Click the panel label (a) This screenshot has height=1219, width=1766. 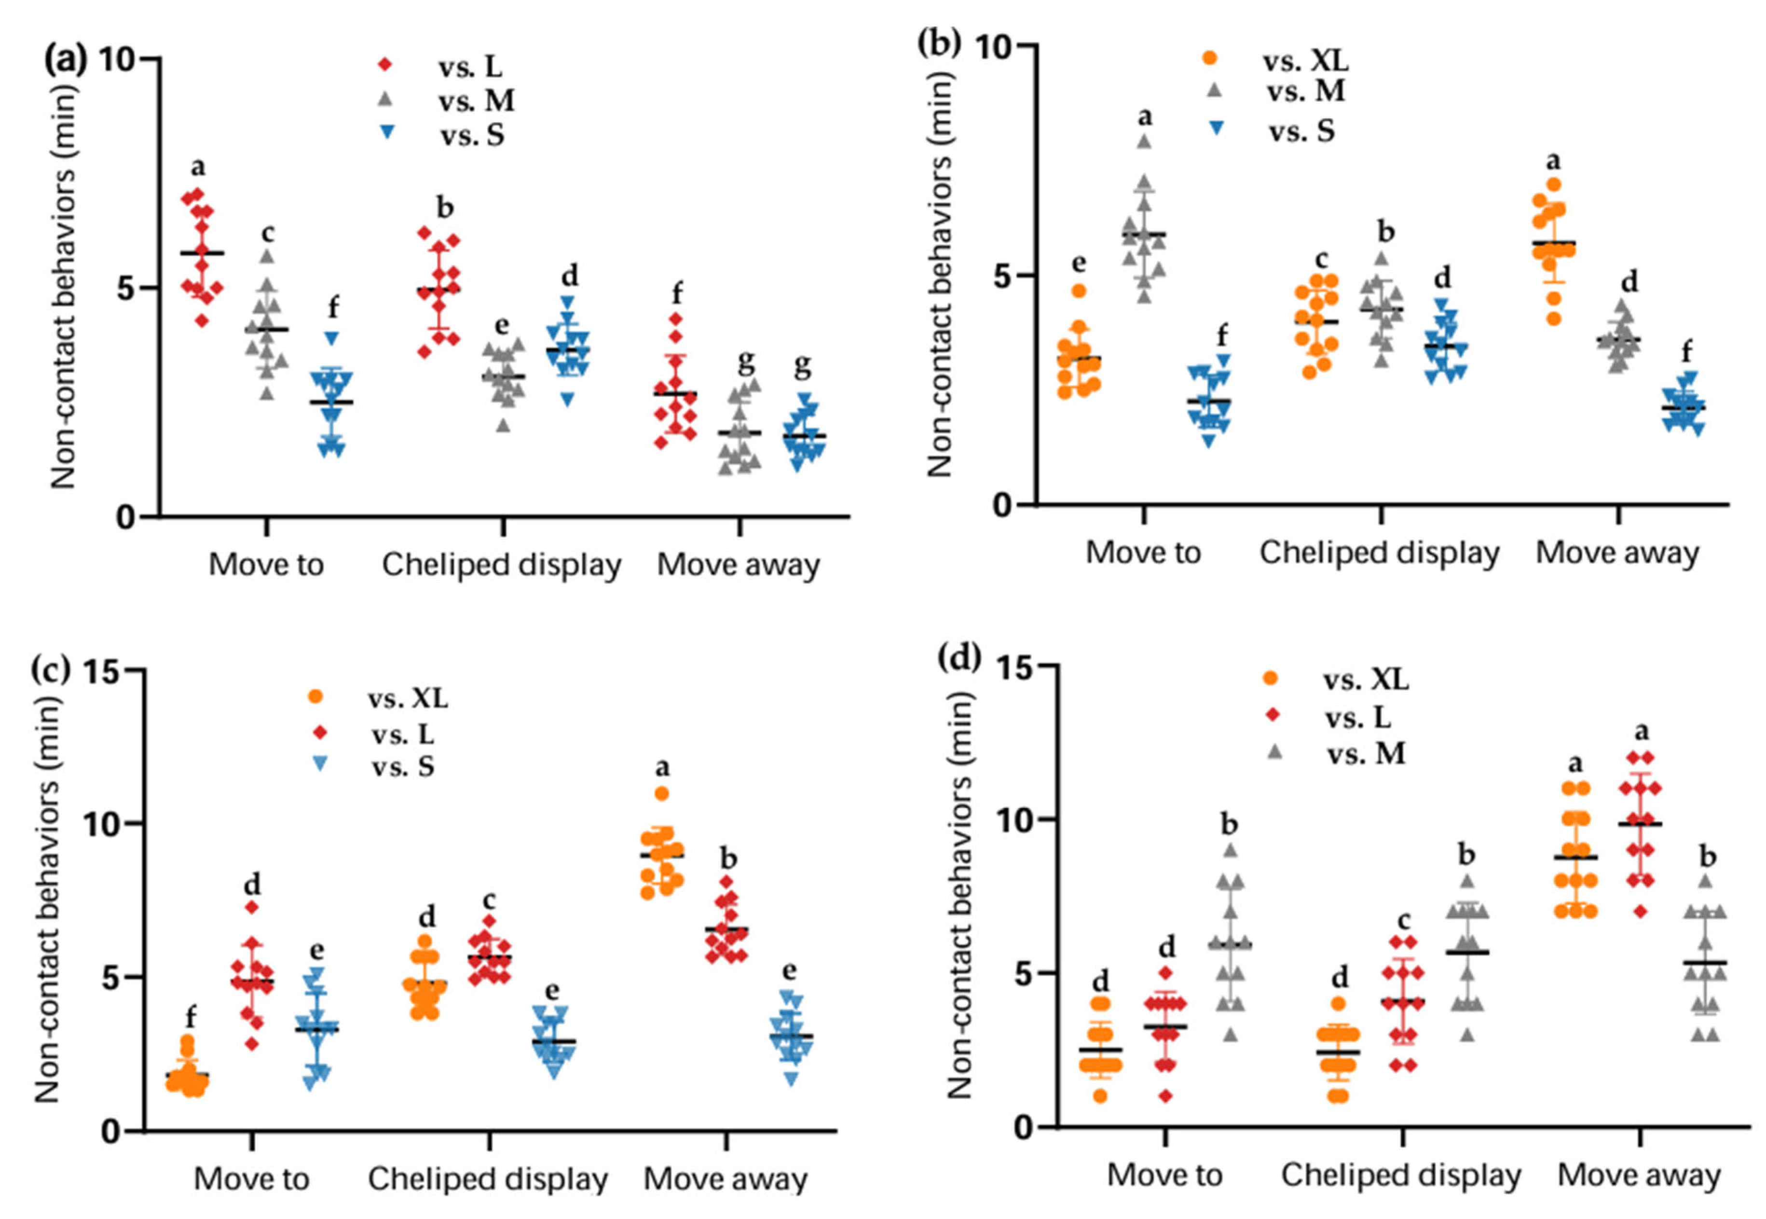(x=67, y=59)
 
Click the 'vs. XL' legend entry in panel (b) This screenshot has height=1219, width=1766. (x=1275, y=59)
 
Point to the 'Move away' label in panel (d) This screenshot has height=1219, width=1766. (x=1639, y=1176)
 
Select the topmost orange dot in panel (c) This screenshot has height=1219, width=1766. (x=661, y=793)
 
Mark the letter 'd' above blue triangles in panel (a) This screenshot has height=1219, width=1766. (x=570, y=275)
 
